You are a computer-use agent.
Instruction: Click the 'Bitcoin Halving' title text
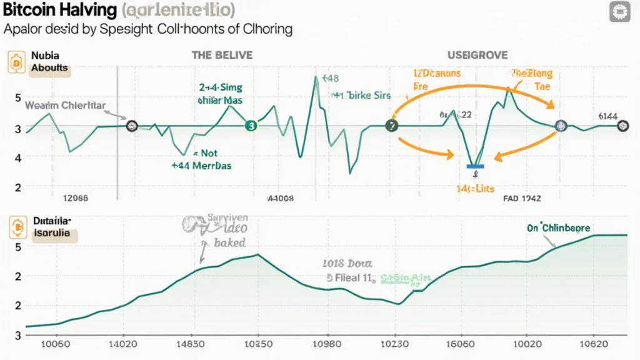pos(59,10)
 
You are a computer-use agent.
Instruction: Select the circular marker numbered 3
pos(251,126)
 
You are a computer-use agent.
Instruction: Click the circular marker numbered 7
pos(392,126)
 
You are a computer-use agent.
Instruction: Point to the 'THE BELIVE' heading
pos(222,55)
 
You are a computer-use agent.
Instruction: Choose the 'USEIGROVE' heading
pos(478,55)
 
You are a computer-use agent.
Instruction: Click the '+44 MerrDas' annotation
pos(201,166)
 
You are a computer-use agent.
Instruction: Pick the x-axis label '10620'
pos(594,345)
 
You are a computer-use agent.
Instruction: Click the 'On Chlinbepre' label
pos(557,228)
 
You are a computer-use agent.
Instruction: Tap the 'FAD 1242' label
pos(522,198)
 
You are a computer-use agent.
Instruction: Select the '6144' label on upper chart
pos(607,116)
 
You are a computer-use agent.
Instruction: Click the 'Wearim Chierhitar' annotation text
pos(65,105)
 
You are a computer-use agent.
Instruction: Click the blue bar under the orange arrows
pos(476,166)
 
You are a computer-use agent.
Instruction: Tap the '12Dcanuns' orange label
pos(436,73)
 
